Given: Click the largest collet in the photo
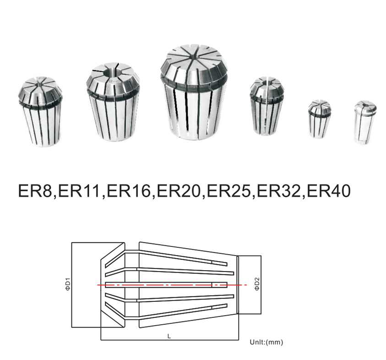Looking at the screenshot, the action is (x=194, y=93).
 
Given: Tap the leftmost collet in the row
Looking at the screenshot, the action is (x=40, y=112).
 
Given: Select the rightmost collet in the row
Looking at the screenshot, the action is (x=365, y=122).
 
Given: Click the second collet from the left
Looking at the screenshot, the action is (x=113, y=102).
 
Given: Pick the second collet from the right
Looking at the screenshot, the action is (x=319, y=119).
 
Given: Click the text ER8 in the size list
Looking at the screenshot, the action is (x=35, y=191).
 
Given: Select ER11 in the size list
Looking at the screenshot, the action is (x=79, y=191).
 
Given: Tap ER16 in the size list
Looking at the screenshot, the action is (x=129, y=191).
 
